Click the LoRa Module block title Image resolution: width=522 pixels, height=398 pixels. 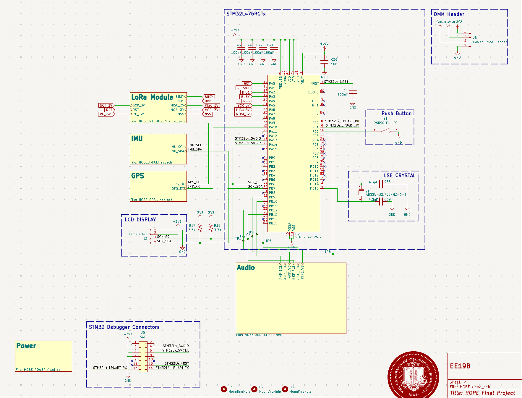(152, 97)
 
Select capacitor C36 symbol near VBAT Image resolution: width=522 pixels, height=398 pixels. (324, 62)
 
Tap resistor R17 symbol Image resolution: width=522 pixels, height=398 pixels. (200, 228)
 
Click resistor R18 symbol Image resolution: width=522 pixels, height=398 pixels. (211, 228)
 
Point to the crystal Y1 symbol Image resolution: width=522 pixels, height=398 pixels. (361, 193)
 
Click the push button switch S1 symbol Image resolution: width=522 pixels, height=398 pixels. (385, 130)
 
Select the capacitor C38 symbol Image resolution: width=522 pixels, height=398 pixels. (353, 93)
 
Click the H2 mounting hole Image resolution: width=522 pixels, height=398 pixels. (254, 389)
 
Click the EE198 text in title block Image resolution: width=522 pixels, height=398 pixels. (460, 366)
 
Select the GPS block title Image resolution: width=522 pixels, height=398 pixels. (137, 176)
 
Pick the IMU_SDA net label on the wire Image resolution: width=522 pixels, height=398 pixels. (195, 149)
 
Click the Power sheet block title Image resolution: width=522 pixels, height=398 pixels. (26, 346)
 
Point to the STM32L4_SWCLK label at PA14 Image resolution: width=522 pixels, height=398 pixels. (248, 143)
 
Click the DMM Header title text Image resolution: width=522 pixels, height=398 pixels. (449, 14)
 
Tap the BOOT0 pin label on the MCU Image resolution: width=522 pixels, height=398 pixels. (313, 92)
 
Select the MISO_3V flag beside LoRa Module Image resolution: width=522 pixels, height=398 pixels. (211, 106)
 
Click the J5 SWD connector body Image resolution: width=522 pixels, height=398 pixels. (143, 357)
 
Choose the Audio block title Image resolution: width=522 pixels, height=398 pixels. (246, 268)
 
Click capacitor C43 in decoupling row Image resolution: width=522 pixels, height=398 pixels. (241, 48)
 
